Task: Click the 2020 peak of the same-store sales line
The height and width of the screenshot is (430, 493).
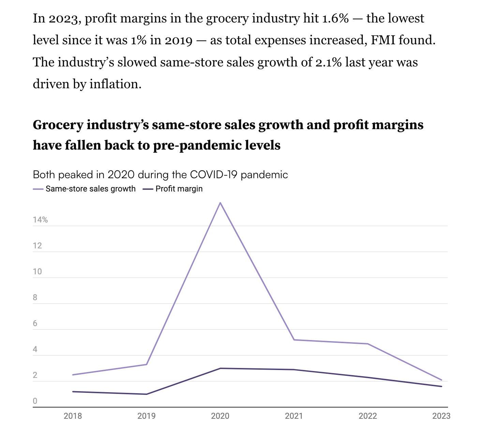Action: [x=220, y=203]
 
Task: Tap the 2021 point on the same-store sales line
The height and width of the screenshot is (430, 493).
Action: [x=294, y=340]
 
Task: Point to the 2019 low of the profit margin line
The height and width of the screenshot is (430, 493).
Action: [x=147, y=394]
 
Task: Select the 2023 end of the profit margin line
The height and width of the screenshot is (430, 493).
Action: [x=442, y=386]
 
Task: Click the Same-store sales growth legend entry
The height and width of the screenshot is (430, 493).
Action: [x=90, y=189]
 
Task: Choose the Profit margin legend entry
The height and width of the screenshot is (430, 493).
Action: [x=179, y=189]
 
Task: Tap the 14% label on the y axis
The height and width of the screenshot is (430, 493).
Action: [x=40, y=220]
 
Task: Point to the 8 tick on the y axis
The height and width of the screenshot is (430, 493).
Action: [x=35, y=297]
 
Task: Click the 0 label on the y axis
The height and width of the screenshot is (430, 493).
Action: [x=35, y=401]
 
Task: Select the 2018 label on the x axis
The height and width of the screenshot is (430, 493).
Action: [x=73, y=416]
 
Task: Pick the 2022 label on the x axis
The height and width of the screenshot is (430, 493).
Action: [x=368, y=416]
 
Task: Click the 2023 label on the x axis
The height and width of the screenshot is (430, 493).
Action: [x=441, y=416]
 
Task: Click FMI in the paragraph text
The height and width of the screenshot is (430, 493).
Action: [x=383, y=40]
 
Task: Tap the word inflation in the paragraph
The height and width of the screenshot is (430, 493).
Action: [x=116, y=84]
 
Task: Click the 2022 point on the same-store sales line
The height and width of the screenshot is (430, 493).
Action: [x=368, y=344]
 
